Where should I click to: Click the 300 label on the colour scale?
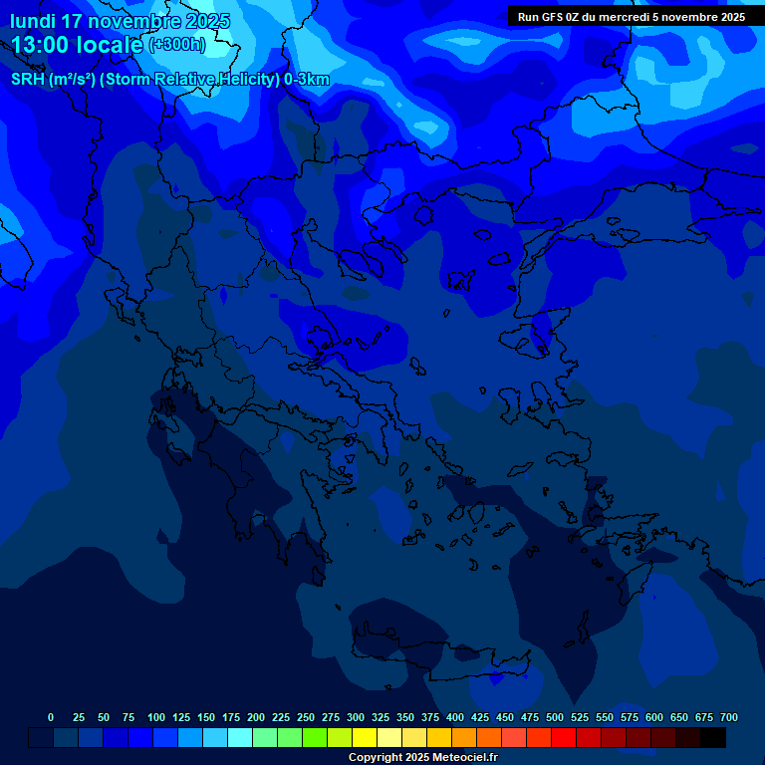coord(356,718)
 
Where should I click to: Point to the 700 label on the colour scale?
coord(728,718)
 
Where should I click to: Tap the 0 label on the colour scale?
coord(51,718)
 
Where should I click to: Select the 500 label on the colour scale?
coord(555,718)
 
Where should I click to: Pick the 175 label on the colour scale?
coord(231,718)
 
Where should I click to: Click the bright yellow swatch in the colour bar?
coord(365,738)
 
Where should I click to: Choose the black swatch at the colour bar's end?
coord(713,738)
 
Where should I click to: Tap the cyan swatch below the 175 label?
coord(240,738)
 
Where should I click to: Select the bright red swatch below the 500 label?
coord(564,738)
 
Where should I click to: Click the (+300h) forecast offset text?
coord(176,45)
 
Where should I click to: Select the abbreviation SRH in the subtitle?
coord(27,80)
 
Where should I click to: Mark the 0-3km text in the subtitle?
coord(307,80)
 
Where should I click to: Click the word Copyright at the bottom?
coord(376,758)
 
